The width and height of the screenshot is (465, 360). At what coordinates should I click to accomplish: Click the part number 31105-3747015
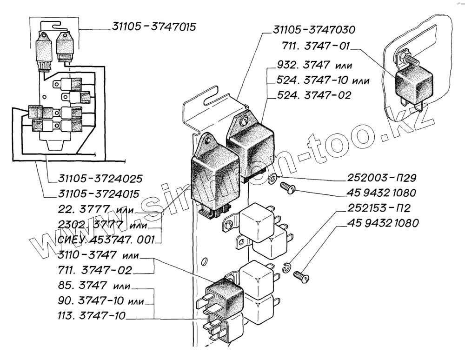pos(153,27)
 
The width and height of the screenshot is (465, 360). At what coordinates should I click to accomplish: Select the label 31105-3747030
pos(314,30)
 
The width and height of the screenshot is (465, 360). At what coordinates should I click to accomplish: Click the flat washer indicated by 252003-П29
pos(273,178)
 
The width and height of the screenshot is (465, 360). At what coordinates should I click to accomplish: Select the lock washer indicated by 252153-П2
pos(286,267)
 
